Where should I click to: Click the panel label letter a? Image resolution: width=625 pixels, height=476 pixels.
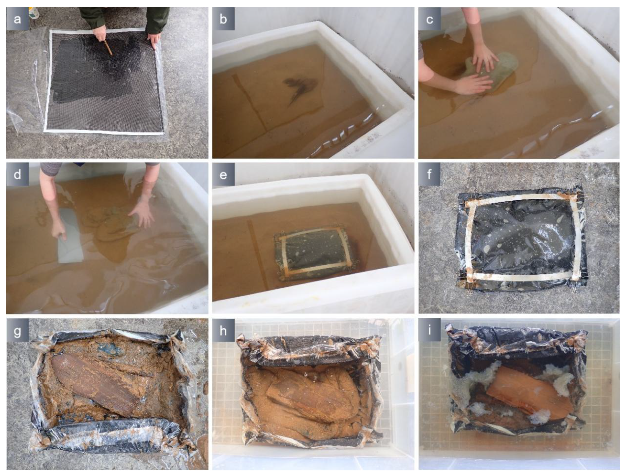(17, 19)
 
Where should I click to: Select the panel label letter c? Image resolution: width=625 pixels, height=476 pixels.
(429, 19)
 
